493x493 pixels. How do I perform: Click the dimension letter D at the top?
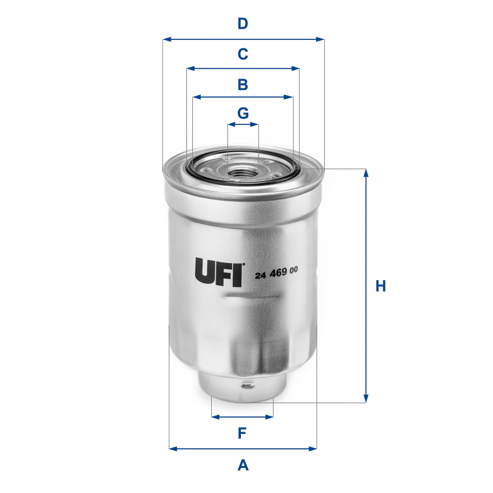(x=243, y=24)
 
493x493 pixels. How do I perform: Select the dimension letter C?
(x=243, y=54)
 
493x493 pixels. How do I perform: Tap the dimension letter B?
(x=243, y=84)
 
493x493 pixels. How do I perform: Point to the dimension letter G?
(x=243, y=113)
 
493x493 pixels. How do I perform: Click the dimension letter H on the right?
(x=381, y=286)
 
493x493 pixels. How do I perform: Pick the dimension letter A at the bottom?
(x=243, y=464)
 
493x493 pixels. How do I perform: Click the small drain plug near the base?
(x=247, y=386)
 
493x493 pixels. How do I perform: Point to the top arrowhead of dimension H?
(x=366, y=173)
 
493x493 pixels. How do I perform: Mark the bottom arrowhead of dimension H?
(x=366, y=399)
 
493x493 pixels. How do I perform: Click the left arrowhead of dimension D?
(x=166, y=39)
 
